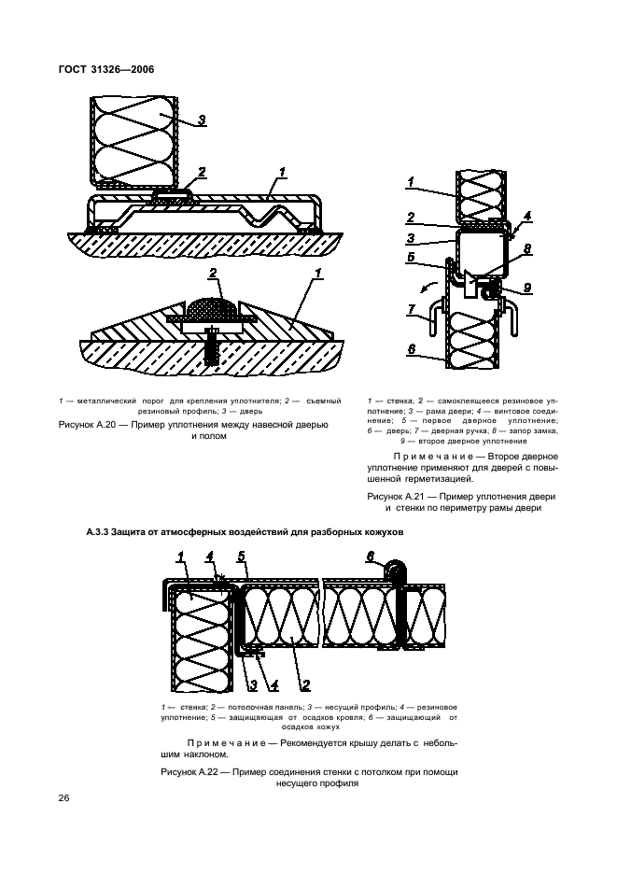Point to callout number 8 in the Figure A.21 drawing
click(527, 250)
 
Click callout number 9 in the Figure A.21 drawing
click(528, 289)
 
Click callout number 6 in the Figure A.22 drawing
click(369, 557)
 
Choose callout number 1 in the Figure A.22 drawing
click(179, 557)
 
